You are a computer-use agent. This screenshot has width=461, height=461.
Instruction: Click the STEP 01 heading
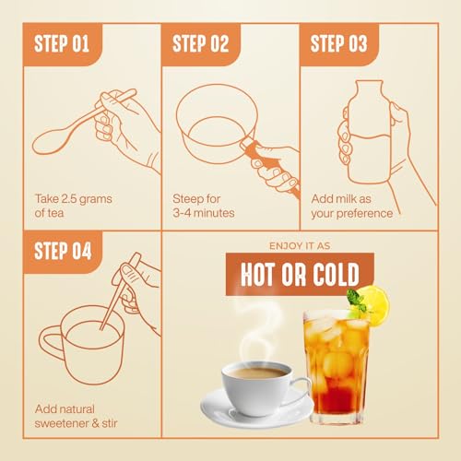(x=62, y=43)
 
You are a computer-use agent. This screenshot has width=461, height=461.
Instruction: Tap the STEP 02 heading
(x=200, y=43)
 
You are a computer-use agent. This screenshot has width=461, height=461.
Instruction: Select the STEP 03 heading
(x=338, y=43)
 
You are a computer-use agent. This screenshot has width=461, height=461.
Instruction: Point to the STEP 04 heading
(x=63, y=251)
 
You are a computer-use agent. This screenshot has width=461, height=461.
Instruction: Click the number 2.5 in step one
(x=69, y=198)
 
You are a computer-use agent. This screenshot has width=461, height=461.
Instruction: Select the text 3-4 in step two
(x=182, y=213)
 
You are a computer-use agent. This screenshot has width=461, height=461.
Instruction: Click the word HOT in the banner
(x=256, y=274)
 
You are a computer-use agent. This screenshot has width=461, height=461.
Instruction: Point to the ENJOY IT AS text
(x=300, y=246)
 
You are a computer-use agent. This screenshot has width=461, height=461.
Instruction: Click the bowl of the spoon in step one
(x=50, y=141)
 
